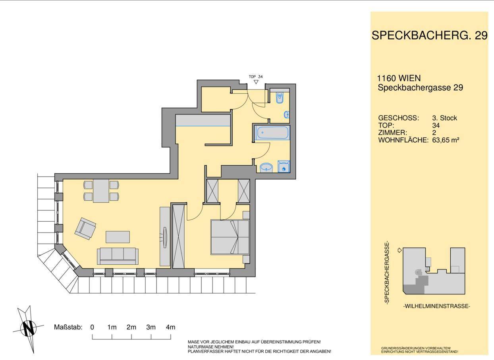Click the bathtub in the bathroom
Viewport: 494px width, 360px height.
(x=272, y=133)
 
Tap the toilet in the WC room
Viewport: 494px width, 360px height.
(x=280, y=98)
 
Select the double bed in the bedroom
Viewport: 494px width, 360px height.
(x=230, y=237)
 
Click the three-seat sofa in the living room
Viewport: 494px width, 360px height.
(x=118, y=256)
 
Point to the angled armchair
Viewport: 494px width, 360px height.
(x=85, y=228)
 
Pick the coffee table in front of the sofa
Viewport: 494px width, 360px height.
(x=118, y=237)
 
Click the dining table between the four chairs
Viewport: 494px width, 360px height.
(x=101, y=191)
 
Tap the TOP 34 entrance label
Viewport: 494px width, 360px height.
(x=256, y=77)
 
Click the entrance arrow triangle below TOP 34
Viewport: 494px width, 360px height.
(x=256, y=82)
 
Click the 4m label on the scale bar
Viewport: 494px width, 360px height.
(x=171, y=327)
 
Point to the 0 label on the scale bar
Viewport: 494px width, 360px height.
(x=92, y=327)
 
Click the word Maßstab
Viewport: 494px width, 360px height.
(x=68, y=327)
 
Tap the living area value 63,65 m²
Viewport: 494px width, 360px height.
(x=446, y=140)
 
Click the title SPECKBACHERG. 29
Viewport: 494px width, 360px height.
(x=430, y=35)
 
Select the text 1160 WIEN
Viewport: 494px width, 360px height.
(x=399, y=78)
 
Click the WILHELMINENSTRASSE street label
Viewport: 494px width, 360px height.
(x=437, y=306)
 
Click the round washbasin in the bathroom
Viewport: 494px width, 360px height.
(x=266, y=168)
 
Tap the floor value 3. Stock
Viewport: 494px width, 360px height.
(x=445, y=118)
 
